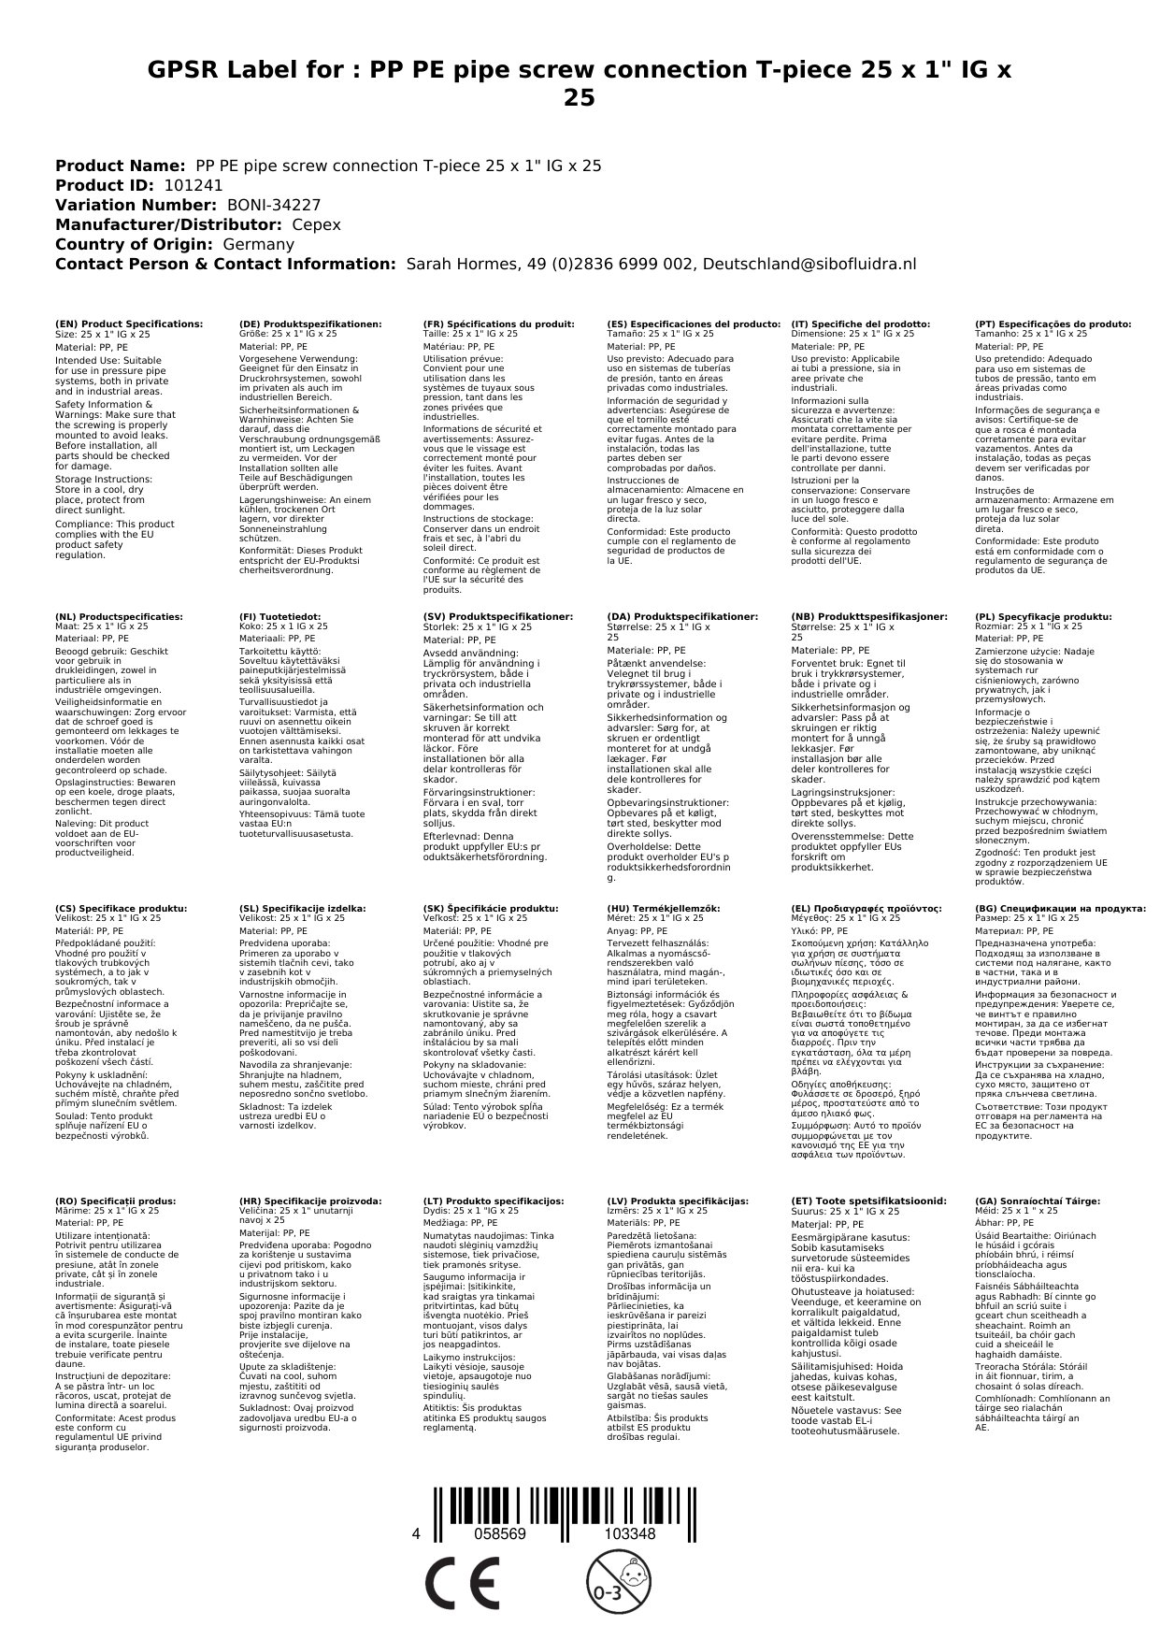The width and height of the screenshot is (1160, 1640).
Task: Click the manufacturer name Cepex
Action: [x=316, y=224]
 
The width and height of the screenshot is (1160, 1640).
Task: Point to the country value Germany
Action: [x=258, y=244]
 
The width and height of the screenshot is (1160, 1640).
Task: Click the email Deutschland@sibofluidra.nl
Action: [x=809, y=264]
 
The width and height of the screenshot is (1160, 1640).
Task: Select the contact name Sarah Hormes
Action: [x=457, y=264]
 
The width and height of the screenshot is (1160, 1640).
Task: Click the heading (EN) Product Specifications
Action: [x=129, y=324]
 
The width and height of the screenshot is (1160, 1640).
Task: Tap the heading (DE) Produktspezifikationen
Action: [x=310, y=324]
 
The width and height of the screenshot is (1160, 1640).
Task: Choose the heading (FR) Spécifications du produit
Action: [x=498, y=324]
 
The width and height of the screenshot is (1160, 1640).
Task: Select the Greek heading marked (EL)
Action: [x=866, y=908]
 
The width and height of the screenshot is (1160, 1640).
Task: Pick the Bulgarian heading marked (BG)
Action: [x=1060, y=908]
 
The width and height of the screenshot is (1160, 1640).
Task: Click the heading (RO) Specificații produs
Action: [x=115, y=1201]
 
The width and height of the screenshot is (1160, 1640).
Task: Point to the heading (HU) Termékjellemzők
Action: [x=664, y=908]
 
